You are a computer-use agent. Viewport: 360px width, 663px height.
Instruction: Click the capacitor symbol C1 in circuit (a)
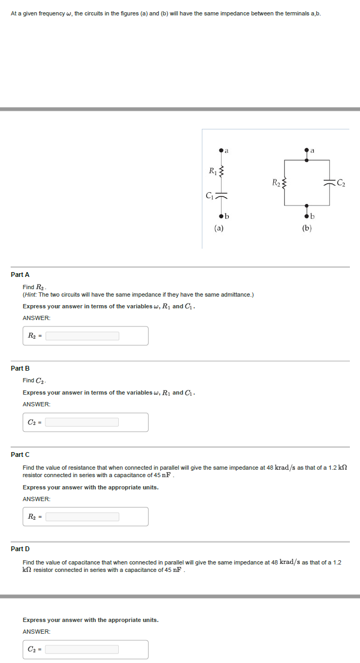pos(221,195)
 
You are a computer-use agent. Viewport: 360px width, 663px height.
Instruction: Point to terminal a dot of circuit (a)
pos(221,152)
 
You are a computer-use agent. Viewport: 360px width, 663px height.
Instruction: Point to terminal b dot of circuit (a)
pos(221,216)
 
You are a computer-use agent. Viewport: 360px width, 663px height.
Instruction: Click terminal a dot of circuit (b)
pos(306,152)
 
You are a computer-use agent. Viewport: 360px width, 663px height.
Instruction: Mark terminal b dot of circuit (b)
pos(306,216)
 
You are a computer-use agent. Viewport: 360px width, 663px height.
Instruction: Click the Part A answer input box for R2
pos(82,336)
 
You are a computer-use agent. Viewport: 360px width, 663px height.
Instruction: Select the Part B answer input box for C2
pos(82,422)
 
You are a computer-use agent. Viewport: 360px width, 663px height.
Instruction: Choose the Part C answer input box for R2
pos(82,517)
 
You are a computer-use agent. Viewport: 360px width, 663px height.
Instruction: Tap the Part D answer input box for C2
pos(82,650)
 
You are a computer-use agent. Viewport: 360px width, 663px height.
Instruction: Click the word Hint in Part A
pos(30,294)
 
